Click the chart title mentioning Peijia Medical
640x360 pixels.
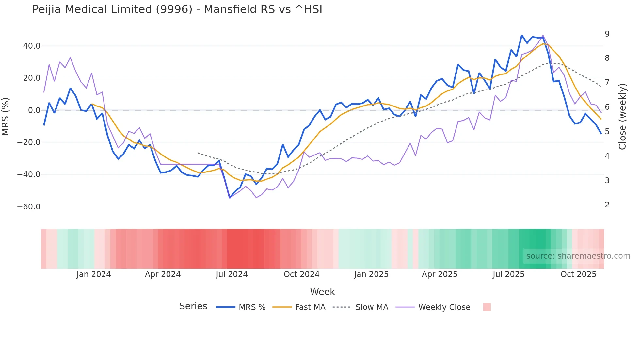tap(177, 9)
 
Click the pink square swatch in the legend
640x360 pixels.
tap(487, 307)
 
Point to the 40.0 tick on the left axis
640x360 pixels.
tap(32, 46)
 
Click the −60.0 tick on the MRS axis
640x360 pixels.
tap(29, 207)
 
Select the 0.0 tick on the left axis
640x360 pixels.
tap(34, 110)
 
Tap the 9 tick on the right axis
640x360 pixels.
tap(607, 34)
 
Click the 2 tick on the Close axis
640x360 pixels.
tap(607, 205)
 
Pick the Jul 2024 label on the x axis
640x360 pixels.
tap(232, 274)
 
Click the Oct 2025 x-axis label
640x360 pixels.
tap(578, 274)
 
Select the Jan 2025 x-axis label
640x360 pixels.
tap(371, 274)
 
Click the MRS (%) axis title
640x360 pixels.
tap(6, 117)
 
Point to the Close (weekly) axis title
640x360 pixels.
tap(622, 117)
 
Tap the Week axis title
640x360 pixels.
tap(322, 292)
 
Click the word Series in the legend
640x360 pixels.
tap(193, 306)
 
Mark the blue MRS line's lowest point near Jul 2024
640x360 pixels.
tap(230, 198)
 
